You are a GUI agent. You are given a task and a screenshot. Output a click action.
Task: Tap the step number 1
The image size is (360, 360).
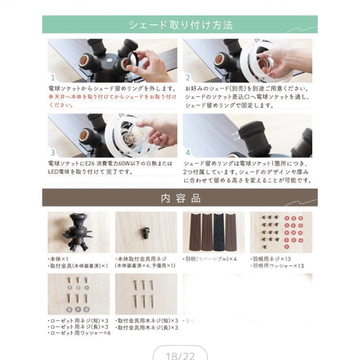tap(52, 78)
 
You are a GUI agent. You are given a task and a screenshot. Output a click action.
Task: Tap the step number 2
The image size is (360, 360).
tap(187, 78)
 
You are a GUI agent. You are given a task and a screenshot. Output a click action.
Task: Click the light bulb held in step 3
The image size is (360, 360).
tap(132, 137)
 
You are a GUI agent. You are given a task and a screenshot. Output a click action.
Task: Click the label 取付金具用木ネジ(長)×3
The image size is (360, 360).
tap(147, 327)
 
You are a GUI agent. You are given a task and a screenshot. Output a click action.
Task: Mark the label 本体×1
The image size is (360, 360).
tap(59, 259)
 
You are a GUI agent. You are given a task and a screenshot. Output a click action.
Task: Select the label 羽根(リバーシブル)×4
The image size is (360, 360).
tap(210, 259)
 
